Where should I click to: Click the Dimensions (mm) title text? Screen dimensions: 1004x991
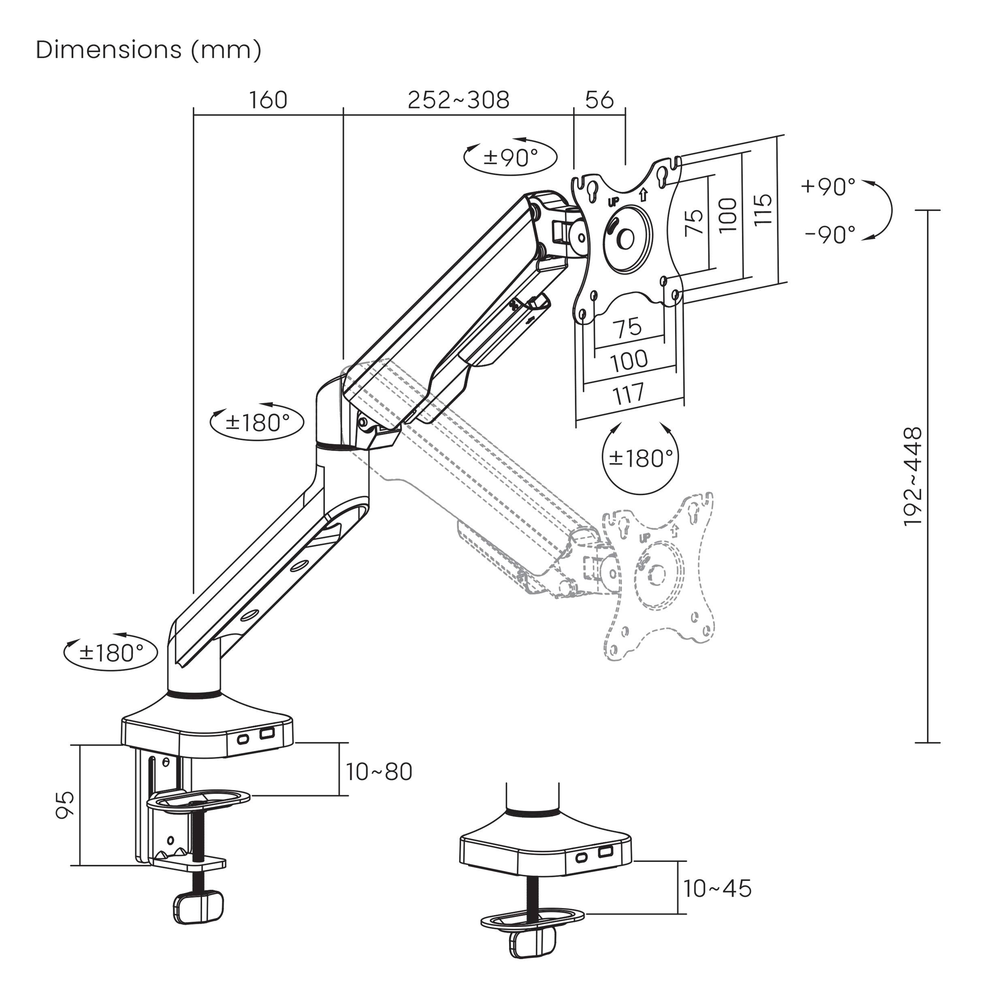coord(149,50)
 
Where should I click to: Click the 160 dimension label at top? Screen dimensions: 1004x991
coord(268,100)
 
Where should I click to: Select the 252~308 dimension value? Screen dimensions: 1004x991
coord(458,100)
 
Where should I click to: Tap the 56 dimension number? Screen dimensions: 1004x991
coord(599,100)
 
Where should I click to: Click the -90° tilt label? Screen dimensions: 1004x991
coord(830,235)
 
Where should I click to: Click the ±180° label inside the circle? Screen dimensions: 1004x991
coord(641,457)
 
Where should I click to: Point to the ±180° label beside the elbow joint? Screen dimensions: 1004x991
coord(257,423)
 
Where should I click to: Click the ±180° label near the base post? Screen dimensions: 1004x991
coord(110,652)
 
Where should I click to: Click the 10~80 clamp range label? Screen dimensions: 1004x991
coord(379,772)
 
